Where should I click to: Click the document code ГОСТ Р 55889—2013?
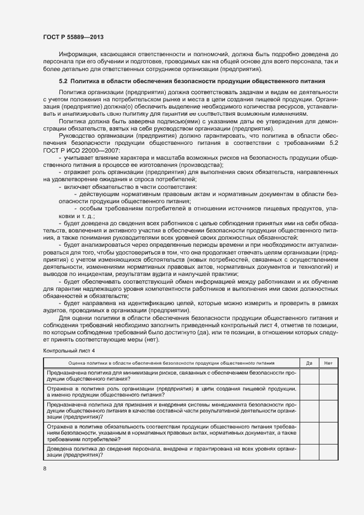(x=73, y=37)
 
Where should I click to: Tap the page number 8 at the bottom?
(x=45, y=468)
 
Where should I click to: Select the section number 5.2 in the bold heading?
(x=63, y=82)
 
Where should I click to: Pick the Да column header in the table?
(x=309, y=362)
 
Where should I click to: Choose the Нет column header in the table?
(x=328, y=362)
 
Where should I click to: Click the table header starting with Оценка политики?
(x=171, y=362)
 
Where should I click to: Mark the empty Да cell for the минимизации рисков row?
(x=309, y=376)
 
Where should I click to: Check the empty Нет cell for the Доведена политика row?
(x=328, y=452)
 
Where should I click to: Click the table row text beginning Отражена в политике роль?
(x=171, y=392)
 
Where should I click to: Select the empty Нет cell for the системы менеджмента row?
(x=328, y=411)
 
